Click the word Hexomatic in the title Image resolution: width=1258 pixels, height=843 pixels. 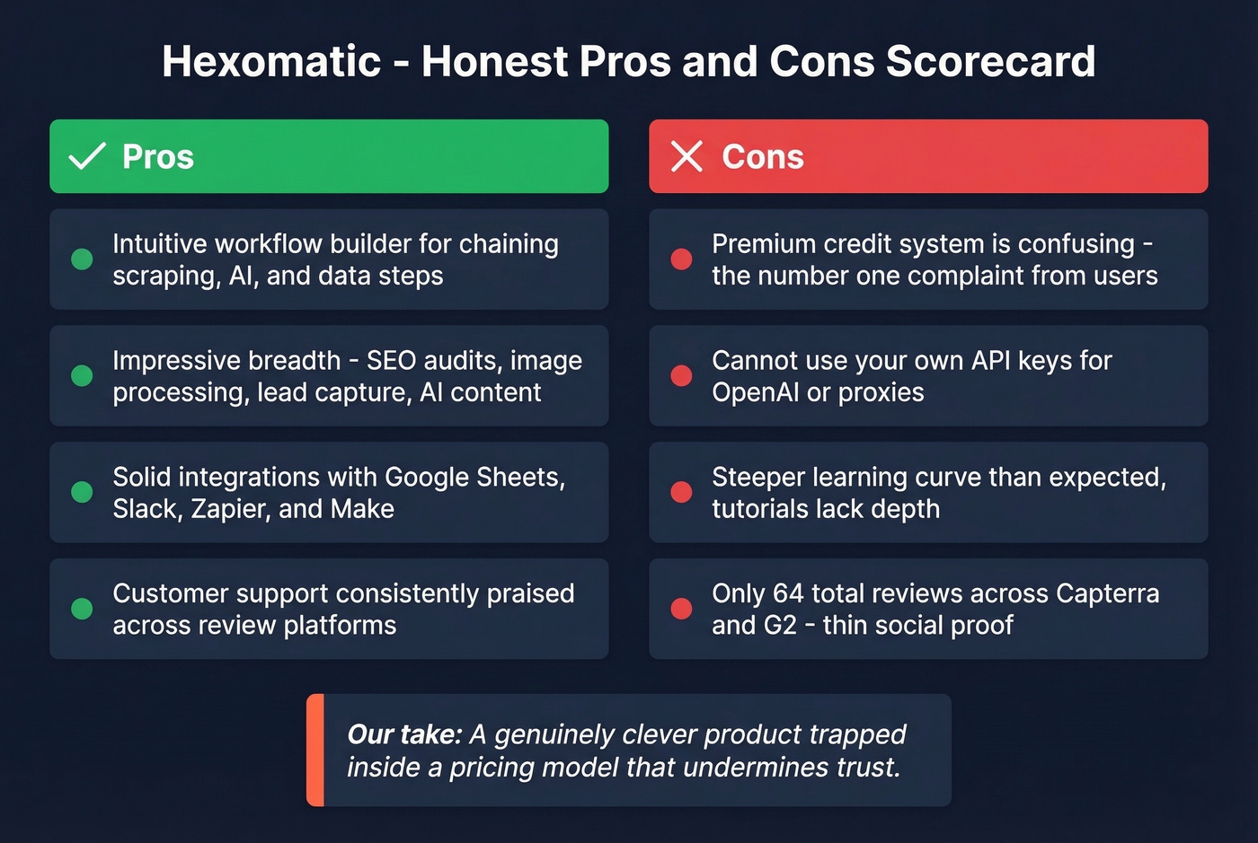click(271, 62)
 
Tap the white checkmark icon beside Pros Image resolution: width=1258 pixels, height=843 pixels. click(87, 156)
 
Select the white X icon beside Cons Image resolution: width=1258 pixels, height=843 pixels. click(687, 156)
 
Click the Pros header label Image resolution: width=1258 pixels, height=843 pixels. click(158, 157)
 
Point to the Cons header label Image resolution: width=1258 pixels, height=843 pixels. click(763, 157)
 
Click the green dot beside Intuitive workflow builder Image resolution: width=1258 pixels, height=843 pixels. click(82, 259)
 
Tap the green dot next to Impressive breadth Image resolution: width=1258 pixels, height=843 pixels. click(82, 375)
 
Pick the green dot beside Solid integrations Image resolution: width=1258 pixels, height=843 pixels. click(82, 492)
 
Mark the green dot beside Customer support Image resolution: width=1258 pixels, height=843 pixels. click(82, 609)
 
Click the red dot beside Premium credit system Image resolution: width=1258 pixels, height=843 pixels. click(681, 259)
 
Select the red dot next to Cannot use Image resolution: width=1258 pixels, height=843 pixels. click(681, 375)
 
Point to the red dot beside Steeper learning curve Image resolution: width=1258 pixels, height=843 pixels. click(681, 492)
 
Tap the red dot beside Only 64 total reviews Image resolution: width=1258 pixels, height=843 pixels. click(681, 609)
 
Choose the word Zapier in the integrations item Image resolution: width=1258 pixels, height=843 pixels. click(231, 509)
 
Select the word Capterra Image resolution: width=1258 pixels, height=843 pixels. click(1107, 593)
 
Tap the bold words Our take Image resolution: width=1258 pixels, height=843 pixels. click(404, 734)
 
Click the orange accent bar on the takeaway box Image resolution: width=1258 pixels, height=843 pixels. click(314, 750)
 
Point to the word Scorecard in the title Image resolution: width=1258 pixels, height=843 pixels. click(990, 62)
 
